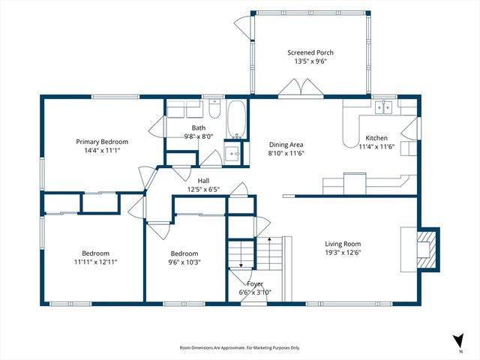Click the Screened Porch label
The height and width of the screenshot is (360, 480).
(310, 52)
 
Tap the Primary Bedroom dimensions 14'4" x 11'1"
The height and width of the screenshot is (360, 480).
(102, 150)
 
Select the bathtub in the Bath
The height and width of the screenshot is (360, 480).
(235, 119)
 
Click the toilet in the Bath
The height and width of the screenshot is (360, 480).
(214, 109)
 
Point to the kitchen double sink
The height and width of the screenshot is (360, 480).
(383, 107)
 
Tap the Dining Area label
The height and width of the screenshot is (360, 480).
(286, 145)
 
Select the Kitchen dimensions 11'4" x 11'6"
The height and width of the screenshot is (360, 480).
(376, 147)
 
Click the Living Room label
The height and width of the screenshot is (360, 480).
(343, 244)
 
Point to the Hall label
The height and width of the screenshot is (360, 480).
(203, 181)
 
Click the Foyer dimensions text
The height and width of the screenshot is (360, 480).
(255, 292)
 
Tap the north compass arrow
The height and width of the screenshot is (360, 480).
(458, 340)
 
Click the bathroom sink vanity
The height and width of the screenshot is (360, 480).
(232, 153)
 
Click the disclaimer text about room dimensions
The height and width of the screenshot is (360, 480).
(240, 348)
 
